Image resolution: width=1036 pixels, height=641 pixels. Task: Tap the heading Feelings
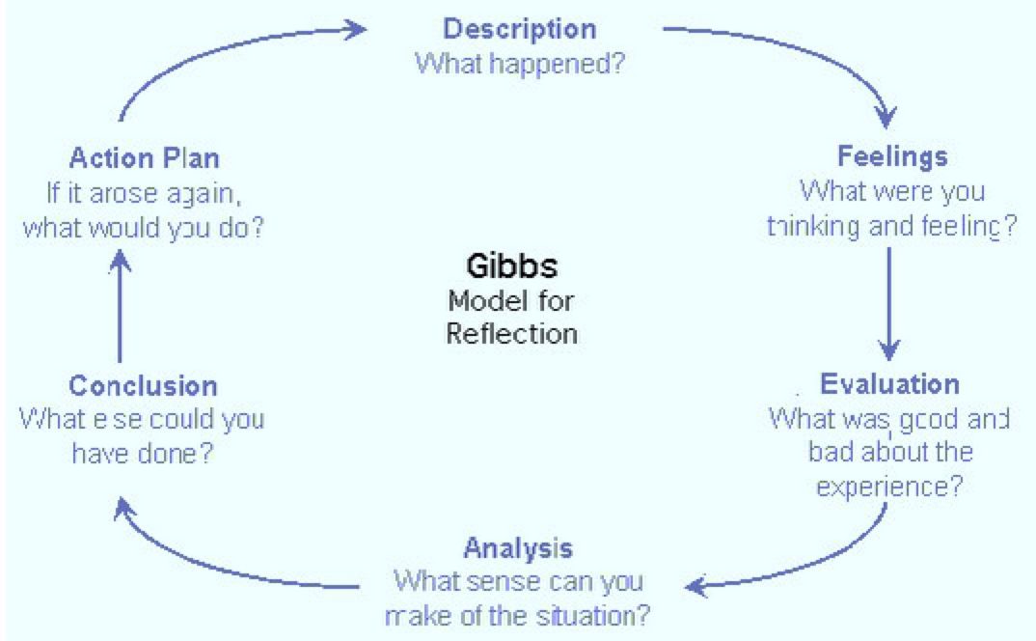pyautogui.click(x=891, y=155)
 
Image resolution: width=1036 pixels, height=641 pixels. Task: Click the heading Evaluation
pyautogui.click(x=889, y=384)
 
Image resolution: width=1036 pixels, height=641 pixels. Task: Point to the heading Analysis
pyautogui.click(x=518, y=548)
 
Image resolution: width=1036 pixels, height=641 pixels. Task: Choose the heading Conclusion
pyautogui.click(x=143, y=386)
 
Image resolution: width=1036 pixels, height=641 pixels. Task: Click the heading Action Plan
pyautogui.click(x=145, y=156)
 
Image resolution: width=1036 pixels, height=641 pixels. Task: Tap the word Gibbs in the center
pyautogui.click(x=511, y=266)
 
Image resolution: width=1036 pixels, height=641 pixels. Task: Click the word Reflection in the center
pyautogui.click(x=512, y=334)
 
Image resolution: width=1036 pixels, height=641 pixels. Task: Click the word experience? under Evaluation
pyautogui.click(x=888, y=487)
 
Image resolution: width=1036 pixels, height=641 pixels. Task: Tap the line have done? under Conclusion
pyautogui.click(x=142, y=454)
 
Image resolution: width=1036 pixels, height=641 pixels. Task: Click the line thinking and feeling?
pyautogui.click(x=891, y=227)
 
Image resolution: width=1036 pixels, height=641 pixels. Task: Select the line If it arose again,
pyautogui.click(x=144, y=193)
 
